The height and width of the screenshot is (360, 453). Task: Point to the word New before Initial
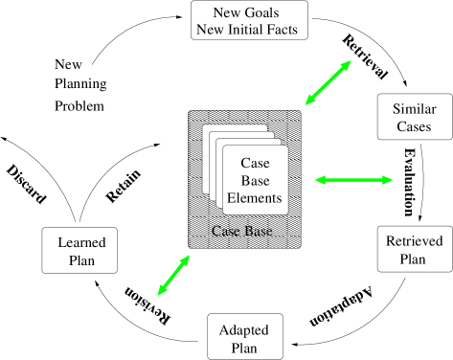211,29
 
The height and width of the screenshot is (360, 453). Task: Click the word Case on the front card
255,163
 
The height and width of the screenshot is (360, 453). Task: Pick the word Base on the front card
255,181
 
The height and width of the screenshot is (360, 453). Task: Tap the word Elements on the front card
255,199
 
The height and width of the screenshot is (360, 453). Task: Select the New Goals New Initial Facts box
249,20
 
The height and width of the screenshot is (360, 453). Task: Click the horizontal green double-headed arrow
353,179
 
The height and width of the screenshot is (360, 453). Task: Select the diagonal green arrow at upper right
328,82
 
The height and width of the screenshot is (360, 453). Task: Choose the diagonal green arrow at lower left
173,276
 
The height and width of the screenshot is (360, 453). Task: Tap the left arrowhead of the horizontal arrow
319,179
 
